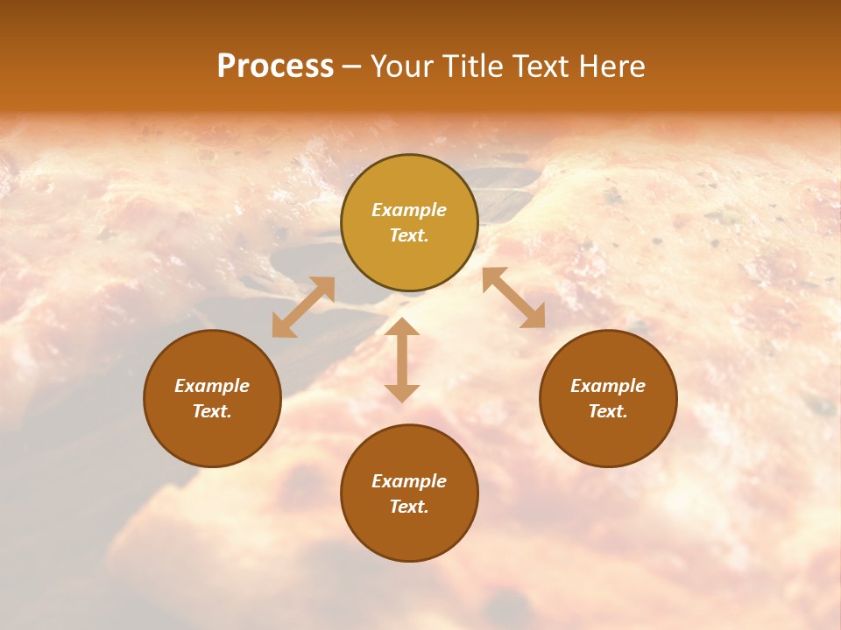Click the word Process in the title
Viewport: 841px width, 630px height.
click(275, 66)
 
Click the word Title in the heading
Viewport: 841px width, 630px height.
click(472, 66)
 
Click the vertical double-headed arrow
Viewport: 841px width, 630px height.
click(402, 360)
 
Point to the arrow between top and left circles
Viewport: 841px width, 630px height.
click(303, 307)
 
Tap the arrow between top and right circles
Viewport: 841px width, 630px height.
click(514, 297)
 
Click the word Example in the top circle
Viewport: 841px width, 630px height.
click(409, 210)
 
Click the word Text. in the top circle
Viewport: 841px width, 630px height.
click(409, 235)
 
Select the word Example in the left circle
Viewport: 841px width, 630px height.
click(212, 386)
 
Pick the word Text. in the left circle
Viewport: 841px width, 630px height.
click(212, 411)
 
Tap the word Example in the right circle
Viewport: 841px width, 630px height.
click(608, 386)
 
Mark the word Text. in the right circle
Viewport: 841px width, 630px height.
click(608, 411)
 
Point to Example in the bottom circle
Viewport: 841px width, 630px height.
click(409, 481)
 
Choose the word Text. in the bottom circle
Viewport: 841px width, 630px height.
click(409, 507)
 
